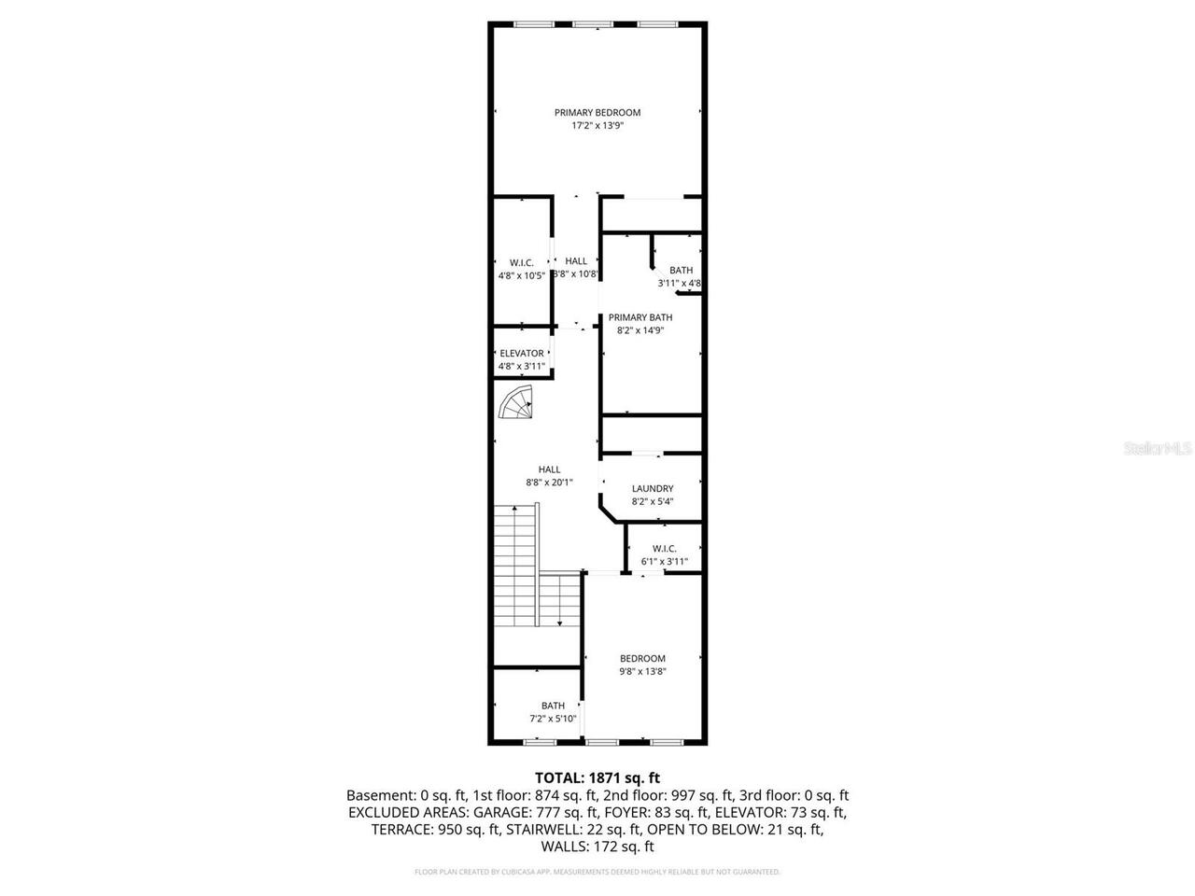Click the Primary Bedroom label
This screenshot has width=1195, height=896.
[597, 112]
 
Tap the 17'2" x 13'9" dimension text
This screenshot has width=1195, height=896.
[597, 125]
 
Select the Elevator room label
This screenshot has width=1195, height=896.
[521, 354]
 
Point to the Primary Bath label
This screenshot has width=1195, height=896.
[640, 317]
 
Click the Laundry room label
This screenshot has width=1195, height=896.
[653, 488]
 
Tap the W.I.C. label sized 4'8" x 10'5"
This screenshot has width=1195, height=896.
[521, 263]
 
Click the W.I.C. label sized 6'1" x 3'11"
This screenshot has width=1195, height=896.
[664, 548]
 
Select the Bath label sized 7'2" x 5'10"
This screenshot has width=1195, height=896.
[553, 706]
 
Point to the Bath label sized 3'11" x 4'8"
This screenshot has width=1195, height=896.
[681, 271]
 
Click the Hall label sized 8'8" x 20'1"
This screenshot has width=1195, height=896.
[549, 469]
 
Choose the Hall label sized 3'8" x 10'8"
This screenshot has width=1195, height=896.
[576, 261]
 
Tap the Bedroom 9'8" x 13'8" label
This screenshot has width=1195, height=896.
[642, 658]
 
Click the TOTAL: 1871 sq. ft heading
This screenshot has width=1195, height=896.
[597, 777]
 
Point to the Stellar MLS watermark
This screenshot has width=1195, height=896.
[1158, 448]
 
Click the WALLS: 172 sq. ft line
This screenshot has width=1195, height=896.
[597, 847]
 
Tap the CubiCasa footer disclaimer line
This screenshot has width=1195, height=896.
[597, 872]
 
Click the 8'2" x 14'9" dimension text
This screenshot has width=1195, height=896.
[640, 329]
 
